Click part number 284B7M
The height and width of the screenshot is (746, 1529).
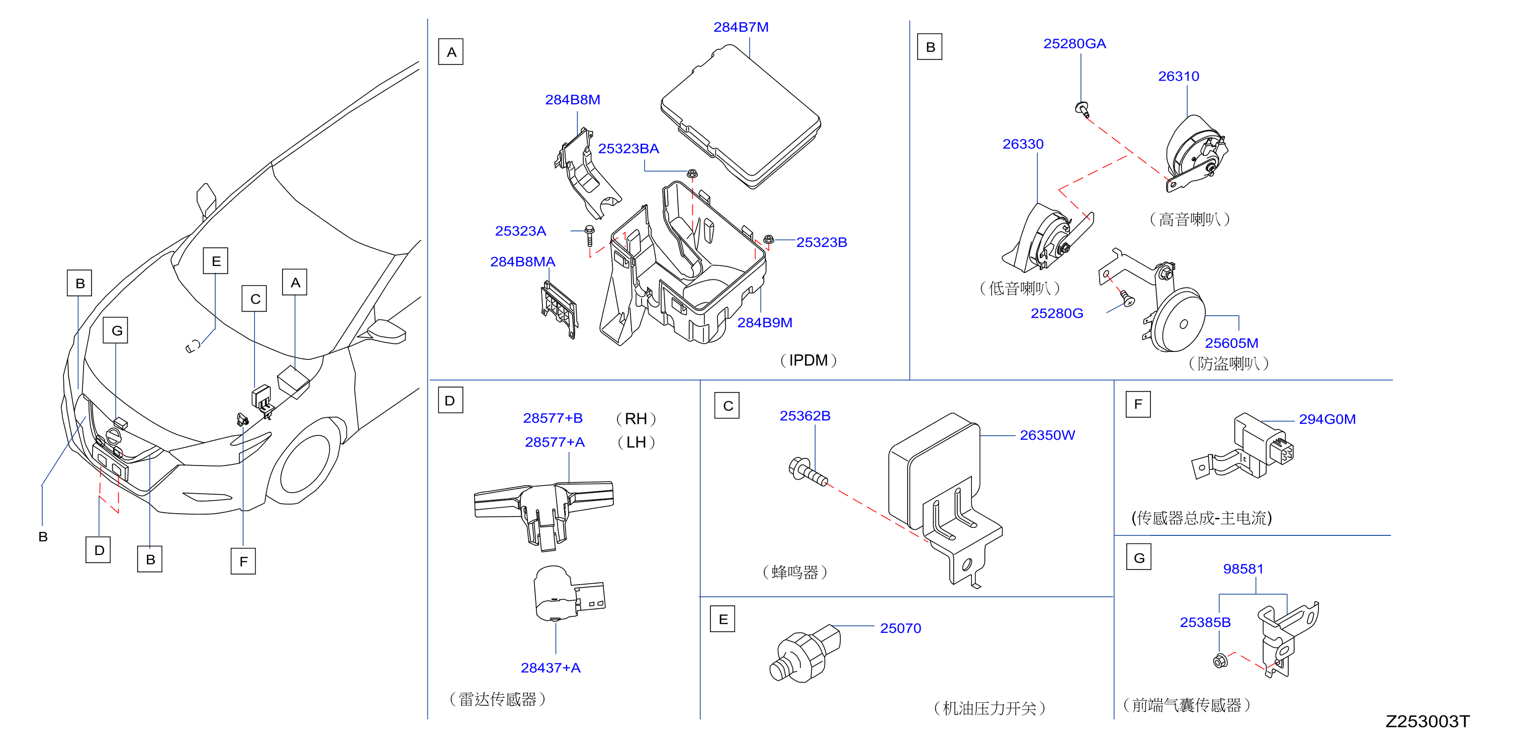point(741,27)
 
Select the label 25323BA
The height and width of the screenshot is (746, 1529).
point(628,148)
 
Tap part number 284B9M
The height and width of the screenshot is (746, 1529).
point(764,322)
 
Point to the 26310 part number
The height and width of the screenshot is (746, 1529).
point(1178,76)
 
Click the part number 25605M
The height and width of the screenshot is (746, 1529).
point(1232,343)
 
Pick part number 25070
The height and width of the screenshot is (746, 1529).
point(901,628)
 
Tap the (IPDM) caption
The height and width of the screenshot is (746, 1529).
point(808,360)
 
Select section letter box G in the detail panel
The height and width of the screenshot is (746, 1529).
point(1139,557)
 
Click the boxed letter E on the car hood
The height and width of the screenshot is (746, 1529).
point(216,261)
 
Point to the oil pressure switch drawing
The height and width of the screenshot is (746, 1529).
point(805,654)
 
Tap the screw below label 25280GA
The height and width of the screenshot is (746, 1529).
point(1083,109)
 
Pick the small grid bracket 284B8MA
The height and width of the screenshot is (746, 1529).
point(559,309)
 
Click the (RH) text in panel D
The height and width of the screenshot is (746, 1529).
point(636,419)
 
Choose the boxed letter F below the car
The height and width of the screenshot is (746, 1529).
point(243,562)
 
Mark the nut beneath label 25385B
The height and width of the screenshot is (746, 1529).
point(1220,661)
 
